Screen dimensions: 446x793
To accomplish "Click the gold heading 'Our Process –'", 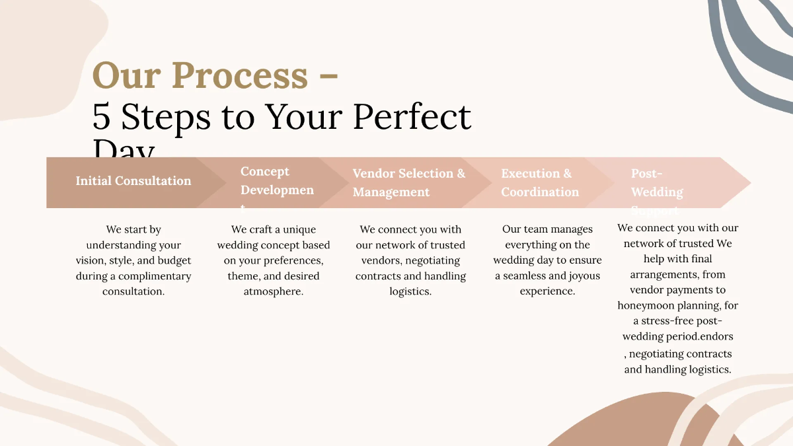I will [x=215, y=76].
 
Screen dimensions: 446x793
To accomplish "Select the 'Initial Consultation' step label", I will [x=133, y=181].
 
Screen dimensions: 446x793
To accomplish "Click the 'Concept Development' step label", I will [x=277, y=181].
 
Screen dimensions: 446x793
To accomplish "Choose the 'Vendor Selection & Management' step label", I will [x=408, y=182].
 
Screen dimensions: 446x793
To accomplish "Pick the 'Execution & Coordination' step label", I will [x=540, y=182].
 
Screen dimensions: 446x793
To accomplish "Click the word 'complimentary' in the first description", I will [x=150, y=276].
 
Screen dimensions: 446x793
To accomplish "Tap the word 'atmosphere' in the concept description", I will [x=273, y=291].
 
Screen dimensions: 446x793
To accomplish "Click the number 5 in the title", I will [x=101, y=117].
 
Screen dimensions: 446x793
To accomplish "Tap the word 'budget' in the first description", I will [x=174, y=260].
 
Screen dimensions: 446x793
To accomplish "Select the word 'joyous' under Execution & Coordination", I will [x=582, y=276].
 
